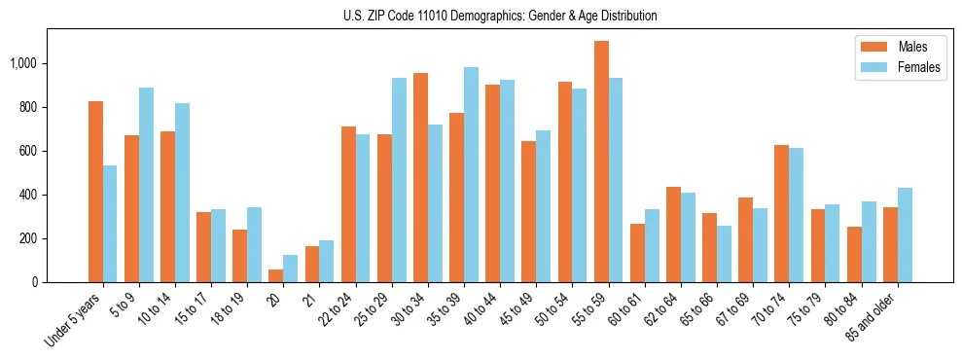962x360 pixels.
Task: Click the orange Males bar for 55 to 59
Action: [601, 162]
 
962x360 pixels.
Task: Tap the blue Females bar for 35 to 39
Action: [472, 175]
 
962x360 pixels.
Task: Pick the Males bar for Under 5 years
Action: [95, 192]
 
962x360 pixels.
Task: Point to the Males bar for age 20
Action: [276, 276]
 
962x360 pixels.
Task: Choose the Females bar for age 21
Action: [327, 262]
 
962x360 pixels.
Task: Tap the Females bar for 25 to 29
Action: [399, 180]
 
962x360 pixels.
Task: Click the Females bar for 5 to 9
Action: [146, 185]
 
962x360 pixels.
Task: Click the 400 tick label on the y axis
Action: [30, 195]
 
